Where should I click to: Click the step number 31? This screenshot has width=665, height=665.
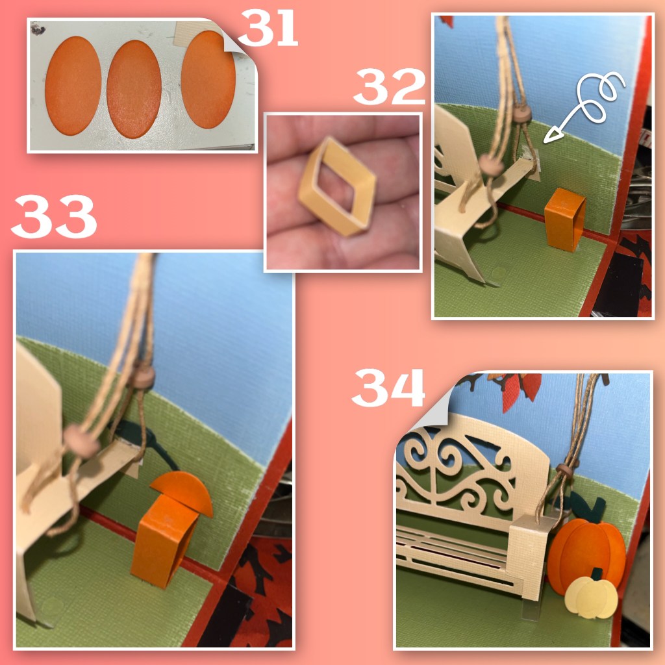[x=268, y=27]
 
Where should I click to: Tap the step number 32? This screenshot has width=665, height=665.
[x=390, y=86]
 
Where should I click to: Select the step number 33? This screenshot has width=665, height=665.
[x=55, y=217]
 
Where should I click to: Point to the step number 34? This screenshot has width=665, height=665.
[x=388, y=388]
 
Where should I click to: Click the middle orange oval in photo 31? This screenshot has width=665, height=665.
[x=134, y=90]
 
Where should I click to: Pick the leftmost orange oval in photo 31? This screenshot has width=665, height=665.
[x=73, y=86]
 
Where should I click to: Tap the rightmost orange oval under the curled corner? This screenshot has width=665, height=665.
[x=208, y=80]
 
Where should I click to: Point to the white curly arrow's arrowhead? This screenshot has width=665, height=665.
[x=551, y=135]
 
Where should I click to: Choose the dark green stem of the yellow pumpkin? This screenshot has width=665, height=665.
[x=597, y=574]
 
